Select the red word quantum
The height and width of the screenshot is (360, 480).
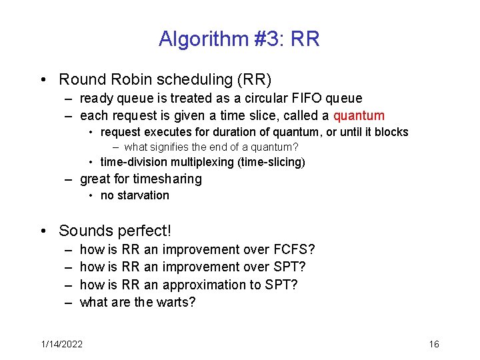click(359, 115)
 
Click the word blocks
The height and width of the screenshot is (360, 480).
click(391, 132)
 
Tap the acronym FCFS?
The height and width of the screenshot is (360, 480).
click(294, 249)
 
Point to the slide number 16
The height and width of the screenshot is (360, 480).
click(433, 344)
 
